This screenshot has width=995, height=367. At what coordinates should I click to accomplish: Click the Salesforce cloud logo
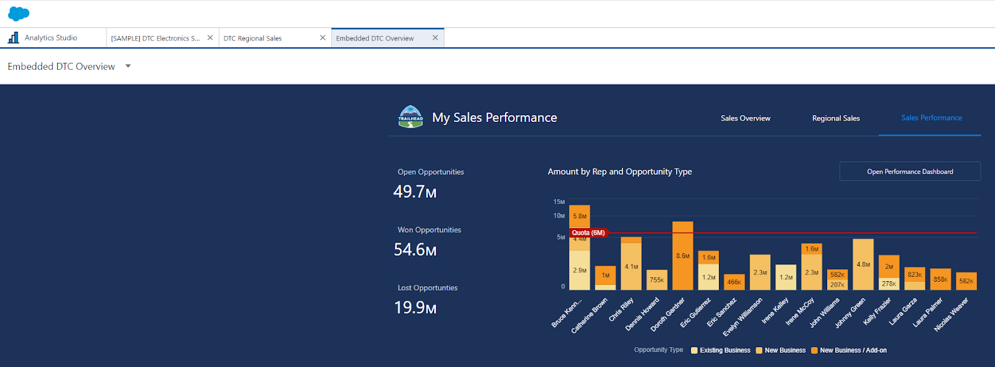click(x=19, y=13)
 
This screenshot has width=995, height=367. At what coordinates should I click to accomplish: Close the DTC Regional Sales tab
click(x=322, y=38)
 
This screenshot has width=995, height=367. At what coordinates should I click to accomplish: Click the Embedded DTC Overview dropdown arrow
click(x=128, y=66)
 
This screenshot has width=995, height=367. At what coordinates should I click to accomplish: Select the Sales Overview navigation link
click(x=745, y=118)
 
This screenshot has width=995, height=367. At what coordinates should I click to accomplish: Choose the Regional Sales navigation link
click(x=836, y=118)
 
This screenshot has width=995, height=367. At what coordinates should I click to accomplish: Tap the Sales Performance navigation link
click(x=931, y=118)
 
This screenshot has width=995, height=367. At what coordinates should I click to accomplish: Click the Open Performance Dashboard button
click(x=909, y=172)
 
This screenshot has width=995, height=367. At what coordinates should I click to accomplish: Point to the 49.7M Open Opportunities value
click(x=415, y=192)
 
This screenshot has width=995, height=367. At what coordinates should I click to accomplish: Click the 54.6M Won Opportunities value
click(x=415, y=250)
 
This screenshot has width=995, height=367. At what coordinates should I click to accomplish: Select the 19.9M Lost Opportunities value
click(x=415, y=308)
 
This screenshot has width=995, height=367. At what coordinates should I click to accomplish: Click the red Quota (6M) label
click(x=588, y=233)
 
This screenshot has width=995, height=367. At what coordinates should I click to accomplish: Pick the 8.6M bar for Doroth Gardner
click(x=682, y=256)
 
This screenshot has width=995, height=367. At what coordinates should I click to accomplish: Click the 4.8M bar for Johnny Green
click(x=863, y=264)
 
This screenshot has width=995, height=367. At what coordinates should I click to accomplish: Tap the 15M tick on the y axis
click(x=559, y=202)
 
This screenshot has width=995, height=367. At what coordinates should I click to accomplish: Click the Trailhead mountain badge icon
click(x=410, y=117)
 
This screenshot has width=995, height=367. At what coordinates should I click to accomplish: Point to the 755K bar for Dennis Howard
click(x=657, y=280)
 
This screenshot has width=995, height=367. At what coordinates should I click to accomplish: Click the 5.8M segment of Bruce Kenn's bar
click(x=579, y=216)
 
